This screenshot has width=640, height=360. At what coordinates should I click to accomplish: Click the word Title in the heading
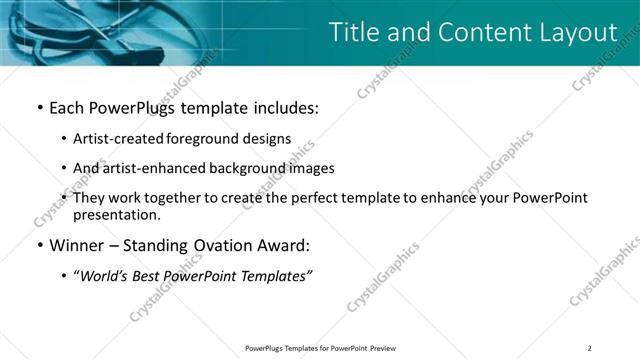pos(355,32)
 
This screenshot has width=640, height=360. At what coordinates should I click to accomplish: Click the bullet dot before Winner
pos(39,245)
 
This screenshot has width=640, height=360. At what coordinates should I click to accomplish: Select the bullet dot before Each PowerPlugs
pos(39,106)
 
